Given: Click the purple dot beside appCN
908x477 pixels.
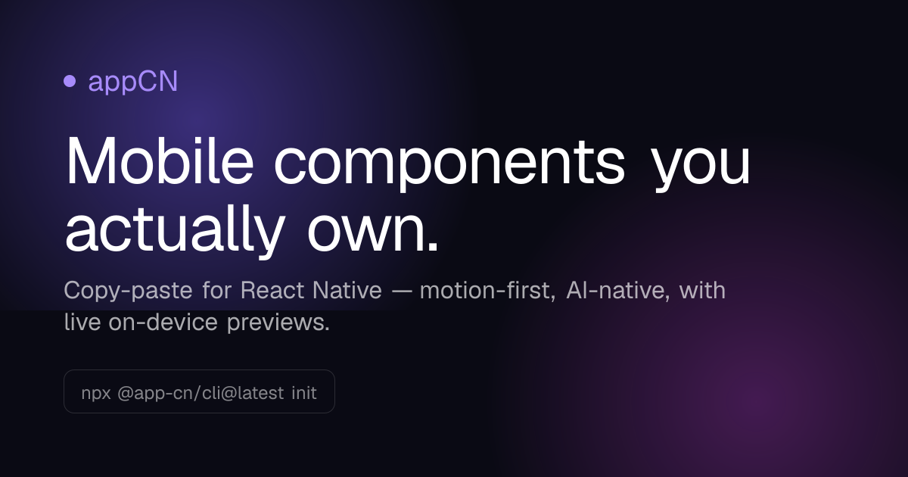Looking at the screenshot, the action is click(x=70, y=81).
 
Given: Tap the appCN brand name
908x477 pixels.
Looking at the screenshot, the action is click(x=133, y=82).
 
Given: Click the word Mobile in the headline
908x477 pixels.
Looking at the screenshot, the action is click(x=160, y=161).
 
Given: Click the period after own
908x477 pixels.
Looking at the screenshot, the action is click(x=433, y=247).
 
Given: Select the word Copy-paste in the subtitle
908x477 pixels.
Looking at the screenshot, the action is click(x=128, y=291).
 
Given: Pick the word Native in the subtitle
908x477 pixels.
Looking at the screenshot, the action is click(x=347, y=290).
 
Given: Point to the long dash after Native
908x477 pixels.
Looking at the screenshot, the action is click(x=401, y=292).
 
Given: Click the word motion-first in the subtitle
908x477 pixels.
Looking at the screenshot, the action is click(x=487, y=291).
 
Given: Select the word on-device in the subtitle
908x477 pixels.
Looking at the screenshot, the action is click(x=163, y=323).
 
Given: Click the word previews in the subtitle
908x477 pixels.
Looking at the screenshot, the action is click(x=278, y=323).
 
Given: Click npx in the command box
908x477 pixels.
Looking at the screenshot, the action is click(x=96, y=394).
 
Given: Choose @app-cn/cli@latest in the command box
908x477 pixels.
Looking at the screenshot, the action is click(x=201, y=393).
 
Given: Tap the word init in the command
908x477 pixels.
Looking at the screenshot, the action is click(x=304, y=393).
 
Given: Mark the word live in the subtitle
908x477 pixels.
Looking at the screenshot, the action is click(x=82, y=323).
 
